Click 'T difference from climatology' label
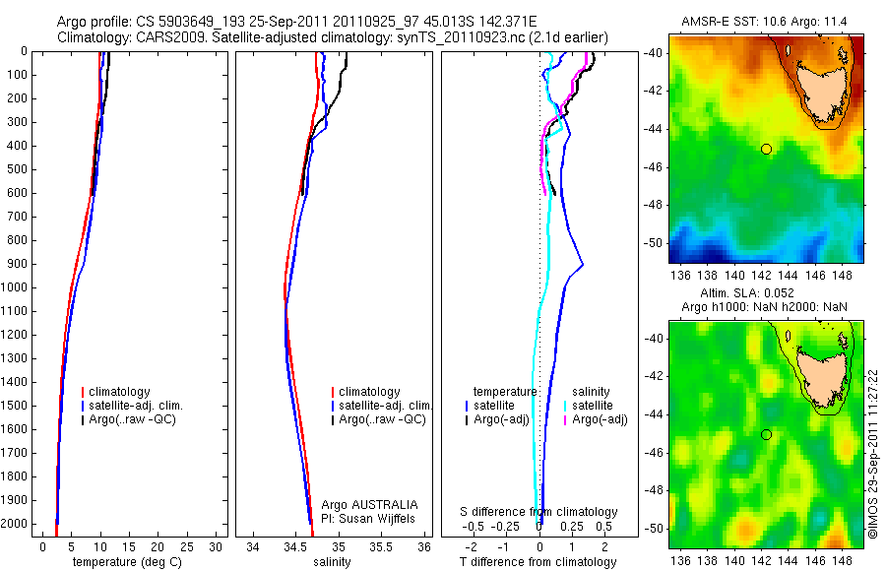538,562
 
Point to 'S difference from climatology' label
539,512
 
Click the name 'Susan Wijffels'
377,518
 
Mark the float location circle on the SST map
766,149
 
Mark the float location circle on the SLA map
766,434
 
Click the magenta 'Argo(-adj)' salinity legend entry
600,419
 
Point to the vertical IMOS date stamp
872,453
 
